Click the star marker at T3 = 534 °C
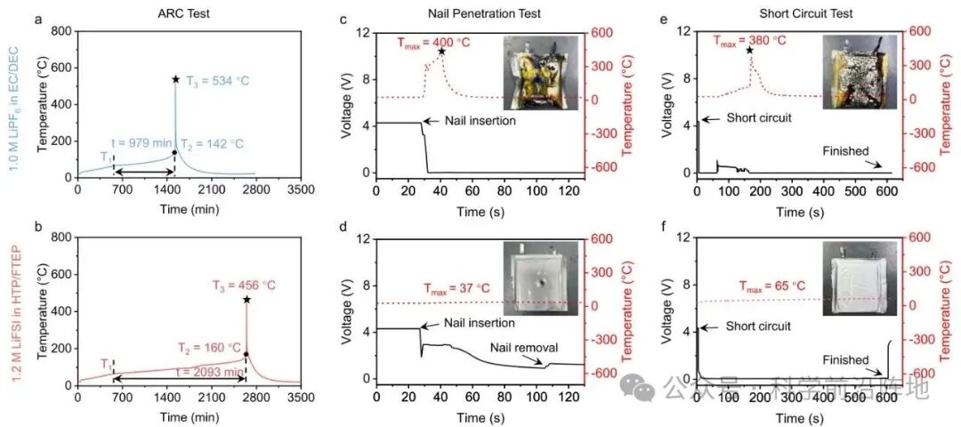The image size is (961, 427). point(176,79)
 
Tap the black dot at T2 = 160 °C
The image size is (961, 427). point(246,354)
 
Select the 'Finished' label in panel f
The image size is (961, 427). point(846,360)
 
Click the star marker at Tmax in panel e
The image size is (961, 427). point(749,51)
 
